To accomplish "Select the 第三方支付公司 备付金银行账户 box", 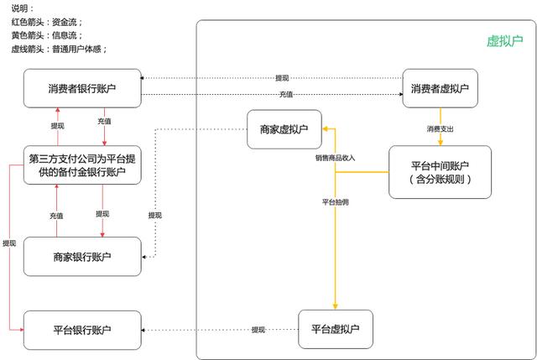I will pyautogui.click(x=81, y=165).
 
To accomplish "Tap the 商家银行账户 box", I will pyautogui.click(x=81, y=256).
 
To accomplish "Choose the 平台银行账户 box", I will pyautogui.click(x=81, y=330).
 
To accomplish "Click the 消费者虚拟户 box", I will pyautogui.click(x=441, y=88).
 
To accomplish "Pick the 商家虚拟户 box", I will pyautogui.click(x=284, y=129).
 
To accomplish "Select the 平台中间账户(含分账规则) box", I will pyautogui.click(x=440, y=172).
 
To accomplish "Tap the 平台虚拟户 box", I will pyautogui.click(x=335, y=329).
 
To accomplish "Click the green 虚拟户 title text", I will pyautogui.click(x=504, y=40).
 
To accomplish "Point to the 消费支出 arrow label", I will pyautogui.click(x=441, y=129).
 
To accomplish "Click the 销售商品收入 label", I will pyautogui.click(x=336, y=158).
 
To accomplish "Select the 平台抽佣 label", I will pyautogui.click(x=336, y=202).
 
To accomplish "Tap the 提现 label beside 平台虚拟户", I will pyautogui.click(x=258, y=330).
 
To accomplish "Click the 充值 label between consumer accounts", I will pyautogui.click(x=285, y=94).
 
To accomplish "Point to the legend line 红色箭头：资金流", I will pyautogui.click(x=46, y=21).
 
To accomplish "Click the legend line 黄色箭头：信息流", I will pyautogui.click(x=46, y=35).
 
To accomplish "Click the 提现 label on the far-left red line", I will pyautogui.click(x=9, y=243).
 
